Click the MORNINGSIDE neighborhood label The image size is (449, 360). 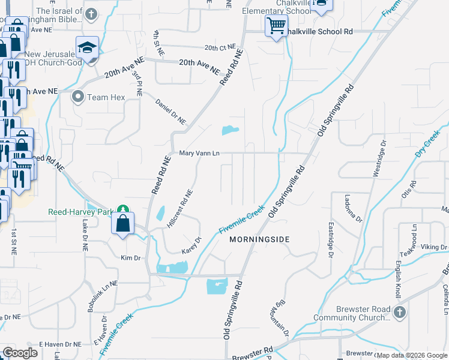[260, 239]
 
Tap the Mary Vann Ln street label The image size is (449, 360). [199, 154]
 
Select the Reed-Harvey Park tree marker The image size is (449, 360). [122, 209]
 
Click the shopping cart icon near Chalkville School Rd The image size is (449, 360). [276, 26]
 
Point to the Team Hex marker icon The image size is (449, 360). [78, 97]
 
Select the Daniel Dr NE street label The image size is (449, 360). [171, 111]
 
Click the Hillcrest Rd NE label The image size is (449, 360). [179, 209]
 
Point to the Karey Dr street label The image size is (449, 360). [191, 245]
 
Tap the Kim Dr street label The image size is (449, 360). [130, 258]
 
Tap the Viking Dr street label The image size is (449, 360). [433, 247]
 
